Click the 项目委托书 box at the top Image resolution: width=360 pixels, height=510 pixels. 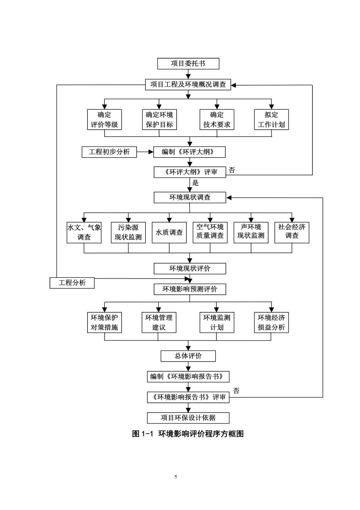(x=188, y=64)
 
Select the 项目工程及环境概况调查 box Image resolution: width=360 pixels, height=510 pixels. (x=188, y=85)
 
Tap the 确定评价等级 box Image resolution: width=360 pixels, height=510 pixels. (x=104, y=119)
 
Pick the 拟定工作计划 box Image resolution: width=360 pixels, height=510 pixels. (x=271, y=119)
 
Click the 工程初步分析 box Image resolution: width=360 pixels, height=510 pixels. (x=109, y=152)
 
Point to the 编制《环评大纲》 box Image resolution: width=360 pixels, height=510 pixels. (x=189, y=152)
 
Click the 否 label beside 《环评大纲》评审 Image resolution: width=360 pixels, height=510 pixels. (x=232, y=170)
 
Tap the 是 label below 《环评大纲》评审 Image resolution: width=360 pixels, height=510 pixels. (x=196, y=183)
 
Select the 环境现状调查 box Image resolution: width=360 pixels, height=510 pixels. (x=190, y=198)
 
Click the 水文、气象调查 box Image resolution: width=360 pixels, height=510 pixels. (x=84, y=232)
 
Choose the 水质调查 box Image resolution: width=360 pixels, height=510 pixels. (x=169, y=232)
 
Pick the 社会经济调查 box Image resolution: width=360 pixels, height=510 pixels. (x=292, y=232)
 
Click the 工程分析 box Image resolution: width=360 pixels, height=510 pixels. (x=72, y=283)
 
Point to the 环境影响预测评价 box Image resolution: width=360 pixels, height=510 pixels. (x=190, y=289)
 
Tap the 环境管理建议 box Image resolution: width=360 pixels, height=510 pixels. (x=159, y=323)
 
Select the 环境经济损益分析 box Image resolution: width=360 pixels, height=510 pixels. (x=271, y=323)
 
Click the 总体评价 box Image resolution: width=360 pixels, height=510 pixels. (x=188, y=356)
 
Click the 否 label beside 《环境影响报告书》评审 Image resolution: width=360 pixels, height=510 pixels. (x=236, y=391)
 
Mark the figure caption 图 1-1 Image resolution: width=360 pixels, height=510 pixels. (x=142, y=434)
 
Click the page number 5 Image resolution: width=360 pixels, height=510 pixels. (x=176, y=477)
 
